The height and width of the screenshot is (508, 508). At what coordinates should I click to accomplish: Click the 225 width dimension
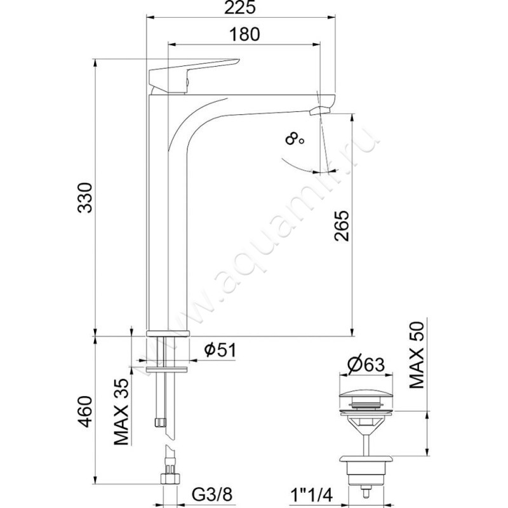pyautogui.click(x=240, y=8)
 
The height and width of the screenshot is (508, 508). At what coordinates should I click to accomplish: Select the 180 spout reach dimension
pyautogui.click(x=244, y=34)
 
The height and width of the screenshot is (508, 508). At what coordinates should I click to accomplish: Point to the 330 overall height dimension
pyautogui.click(x=85, y=197)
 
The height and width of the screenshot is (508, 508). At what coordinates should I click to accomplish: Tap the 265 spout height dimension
pyautogui.click(x=342, y=226)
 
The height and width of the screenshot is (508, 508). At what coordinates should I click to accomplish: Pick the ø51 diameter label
pyautogui.click(x=220, y=350)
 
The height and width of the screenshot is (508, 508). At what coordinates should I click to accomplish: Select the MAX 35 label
pyautogui.click(x=121, y=411)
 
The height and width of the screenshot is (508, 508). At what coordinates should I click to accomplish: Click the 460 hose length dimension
pyautogui.click(x=85, y=411)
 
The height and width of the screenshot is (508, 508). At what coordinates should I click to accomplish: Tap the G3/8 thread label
pyautogui.click(x=212, y=495)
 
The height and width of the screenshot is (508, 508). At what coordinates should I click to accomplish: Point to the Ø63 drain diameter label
pyautogui.click(x=366, y=364)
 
